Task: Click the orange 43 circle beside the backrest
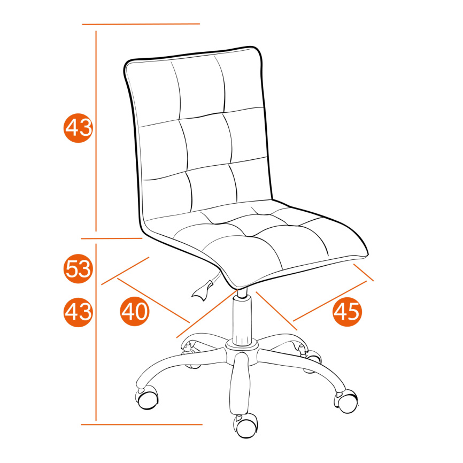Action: [78, 128]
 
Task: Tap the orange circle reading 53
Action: [78, 269]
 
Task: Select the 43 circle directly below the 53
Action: [78, 312]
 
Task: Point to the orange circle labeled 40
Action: [135, 311]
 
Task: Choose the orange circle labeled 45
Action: [348, 312]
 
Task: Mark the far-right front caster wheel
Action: [346, 401]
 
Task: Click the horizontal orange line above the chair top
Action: [141, 24]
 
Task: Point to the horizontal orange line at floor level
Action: [142, 425]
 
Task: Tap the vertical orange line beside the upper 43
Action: [96, 131]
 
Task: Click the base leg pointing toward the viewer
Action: [240, 384]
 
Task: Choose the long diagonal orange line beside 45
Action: [330, 301]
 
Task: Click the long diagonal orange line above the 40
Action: [153, 300]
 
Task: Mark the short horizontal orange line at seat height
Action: [112, 238]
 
